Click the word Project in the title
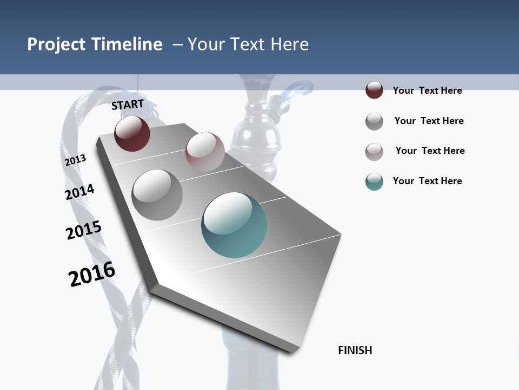56,44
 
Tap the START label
128,105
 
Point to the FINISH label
355,350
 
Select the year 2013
75,160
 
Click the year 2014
80,192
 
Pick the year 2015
84,230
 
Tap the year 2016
92,274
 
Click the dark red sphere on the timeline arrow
132,133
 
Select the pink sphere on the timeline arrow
205,151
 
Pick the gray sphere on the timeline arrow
157,194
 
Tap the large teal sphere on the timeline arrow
234,225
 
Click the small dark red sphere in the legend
374,90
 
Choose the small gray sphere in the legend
374,121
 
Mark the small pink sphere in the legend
374,152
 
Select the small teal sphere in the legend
374,181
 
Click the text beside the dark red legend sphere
427,90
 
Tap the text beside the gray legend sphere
429,121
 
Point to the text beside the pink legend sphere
430,151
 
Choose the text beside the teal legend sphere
427,181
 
